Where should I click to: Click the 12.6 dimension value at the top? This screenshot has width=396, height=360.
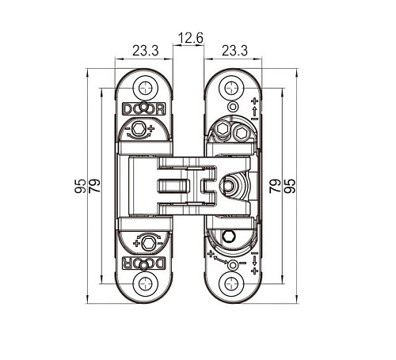[191, 38]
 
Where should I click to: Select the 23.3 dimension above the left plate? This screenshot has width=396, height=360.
[146, 51]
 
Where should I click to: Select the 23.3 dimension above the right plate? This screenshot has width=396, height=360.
[234, 51]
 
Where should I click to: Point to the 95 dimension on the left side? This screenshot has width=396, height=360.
[80, 186]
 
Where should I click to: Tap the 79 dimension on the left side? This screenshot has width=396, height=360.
[94, 186]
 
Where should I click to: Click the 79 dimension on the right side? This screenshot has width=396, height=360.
[275, 186]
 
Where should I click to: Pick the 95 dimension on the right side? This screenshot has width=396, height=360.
[289, 186]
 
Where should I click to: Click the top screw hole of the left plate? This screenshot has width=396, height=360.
[145, 88]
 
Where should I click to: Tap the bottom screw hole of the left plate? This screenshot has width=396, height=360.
[145, 284]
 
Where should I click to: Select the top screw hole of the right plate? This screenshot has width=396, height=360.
[231, 88]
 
